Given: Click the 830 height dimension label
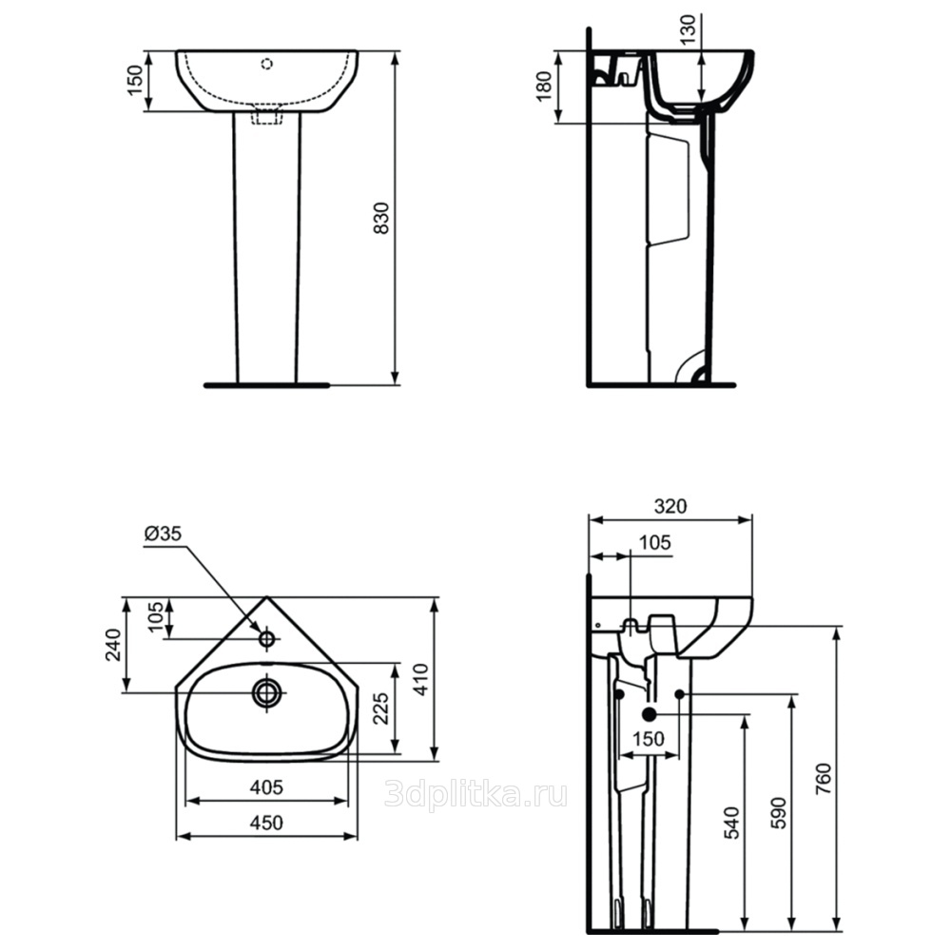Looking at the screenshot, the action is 381,219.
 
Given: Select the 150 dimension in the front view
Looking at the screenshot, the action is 135,81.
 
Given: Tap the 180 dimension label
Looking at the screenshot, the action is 544,87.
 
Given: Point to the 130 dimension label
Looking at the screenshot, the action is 689,29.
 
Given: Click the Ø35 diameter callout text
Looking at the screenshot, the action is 163,534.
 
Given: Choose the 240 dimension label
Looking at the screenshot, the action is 113,645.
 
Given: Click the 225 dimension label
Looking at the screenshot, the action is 380,708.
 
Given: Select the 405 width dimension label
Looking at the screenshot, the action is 266,787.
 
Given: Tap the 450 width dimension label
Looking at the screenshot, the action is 266,823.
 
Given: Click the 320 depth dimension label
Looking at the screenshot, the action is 670,506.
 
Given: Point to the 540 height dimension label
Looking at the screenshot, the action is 732,823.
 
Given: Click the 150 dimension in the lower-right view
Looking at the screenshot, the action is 649,739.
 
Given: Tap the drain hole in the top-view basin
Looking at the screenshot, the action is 266,692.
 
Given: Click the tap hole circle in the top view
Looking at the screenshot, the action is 266,638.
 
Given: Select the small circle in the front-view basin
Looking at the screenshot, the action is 266,64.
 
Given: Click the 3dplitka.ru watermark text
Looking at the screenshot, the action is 476,794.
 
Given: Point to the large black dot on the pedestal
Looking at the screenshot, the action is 650,714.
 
